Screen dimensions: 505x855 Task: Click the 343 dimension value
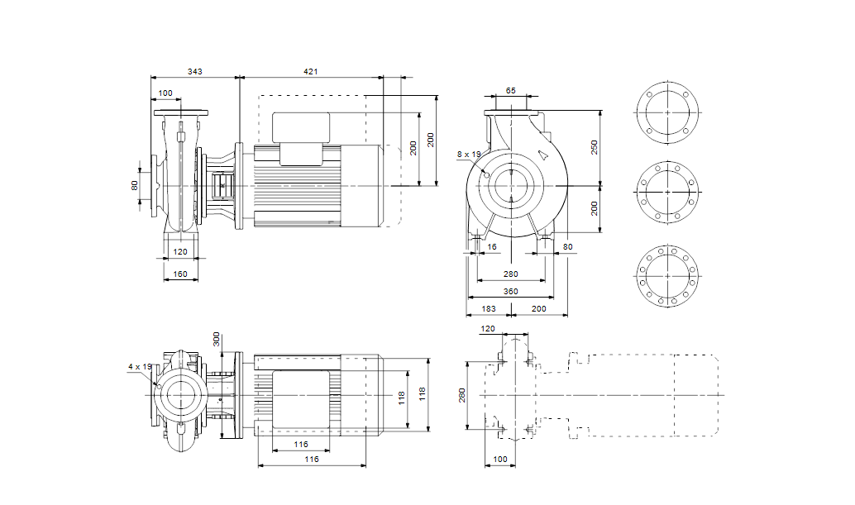pos(194,73)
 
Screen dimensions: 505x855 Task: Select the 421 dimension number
pos(310,73)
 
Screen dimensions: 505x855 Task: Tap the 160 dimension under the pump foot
pos(180,274)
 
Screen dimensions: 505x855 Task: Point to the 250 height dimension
pos(594,147)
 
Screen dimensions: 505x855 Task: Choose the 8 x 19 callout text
pos(468,155)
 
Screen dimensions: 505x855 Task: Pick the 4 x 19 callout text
pos(140,366)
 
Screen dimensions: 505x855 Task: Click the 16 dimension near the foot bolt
pos(493,246)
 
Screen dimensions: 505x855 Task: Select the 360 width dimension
pos(510,291)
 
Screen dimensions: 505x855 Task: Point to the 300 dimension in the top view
pos(217,339)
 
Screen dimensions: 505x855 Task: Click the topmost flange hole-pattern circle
pos(667,112)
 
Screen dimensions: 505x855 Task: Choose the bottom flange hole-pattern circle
pos(667,274)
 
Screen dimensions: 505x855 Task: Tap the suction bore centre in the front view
pos(511,185)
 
